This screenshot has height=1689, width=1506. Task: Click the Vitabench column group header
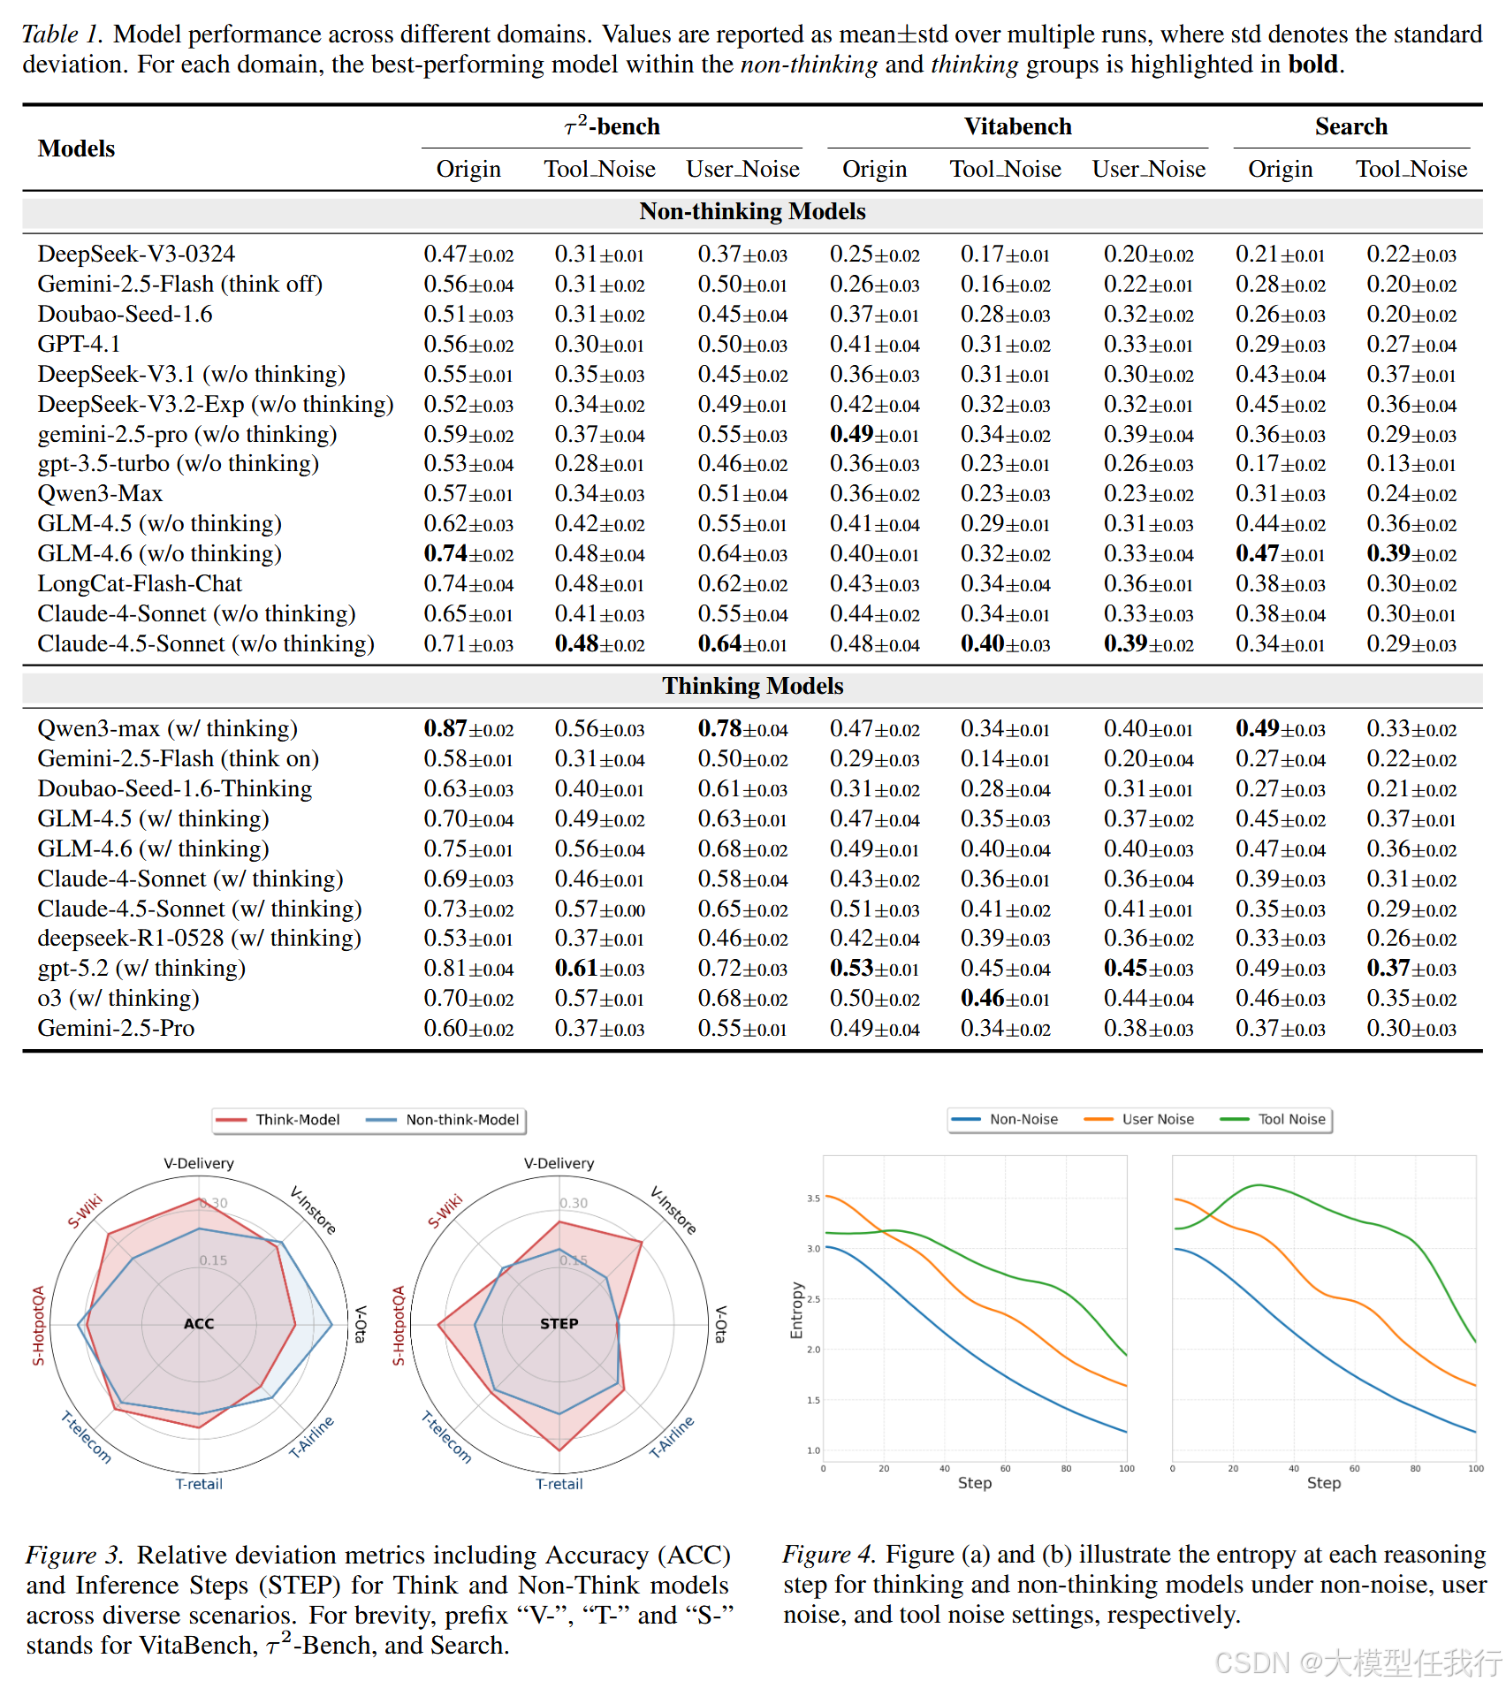point(1017,126)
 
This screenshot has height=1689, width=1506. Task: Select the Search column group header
point(1350,126)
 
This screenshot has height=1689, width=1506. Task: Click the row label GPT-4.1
point(79,344)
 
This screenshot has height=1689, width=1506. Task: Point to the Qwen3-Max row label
point(100,493)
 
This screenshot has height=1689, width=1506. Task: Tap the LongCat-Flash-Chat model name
point(140,583)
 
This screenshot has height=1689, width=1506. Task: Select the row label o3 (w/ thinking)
point(118,998)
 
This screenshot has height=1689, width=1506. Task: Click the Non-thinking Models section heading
point(752,211)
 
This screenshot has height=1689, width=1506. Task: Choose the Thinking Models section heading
point(753,686)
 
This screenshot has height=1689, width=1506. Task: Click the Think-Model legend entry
point(278,1120)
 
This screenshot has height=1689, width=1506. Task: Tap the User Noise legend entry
point(1139,1119)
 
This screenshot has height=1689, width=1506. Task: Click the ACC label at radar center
point(199,1323)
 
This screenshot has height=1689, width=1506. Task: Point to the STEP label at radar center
point(559,1323)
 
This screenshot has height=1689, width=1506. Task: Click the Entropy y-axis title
point(796,1310)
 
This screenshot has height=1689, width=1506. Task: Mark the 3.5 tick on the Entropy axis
point(813,1198)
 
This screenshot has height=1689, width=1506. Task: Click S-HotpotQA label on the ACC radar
point(38,1325)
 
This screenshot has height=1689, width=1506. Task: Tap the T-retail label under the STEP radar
point(559,1484)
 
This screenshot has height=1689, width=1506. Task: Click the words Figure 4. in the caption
point(829,1555)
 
